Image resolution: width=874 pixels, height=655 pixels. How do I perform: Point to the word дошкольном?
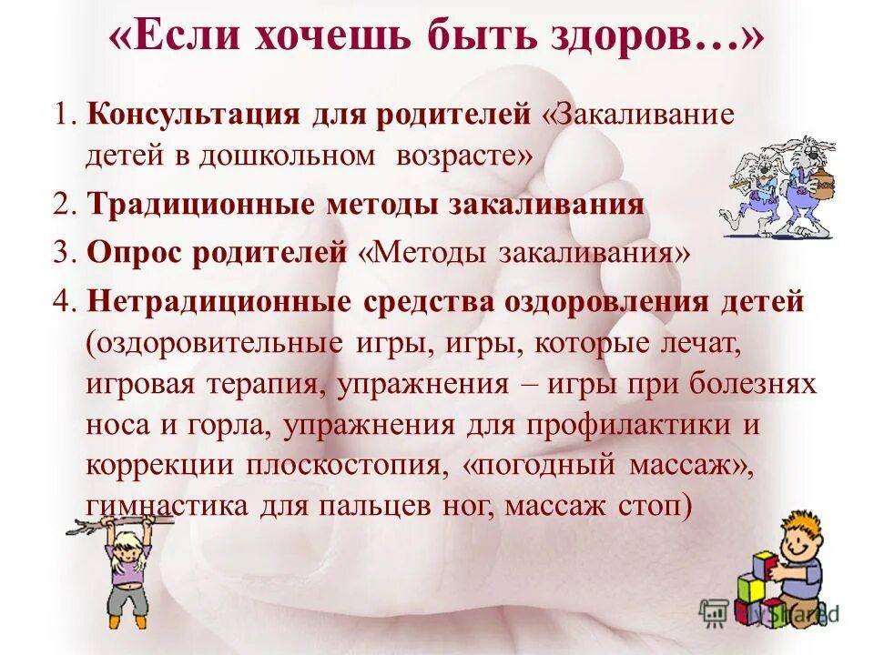(290, 156)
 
